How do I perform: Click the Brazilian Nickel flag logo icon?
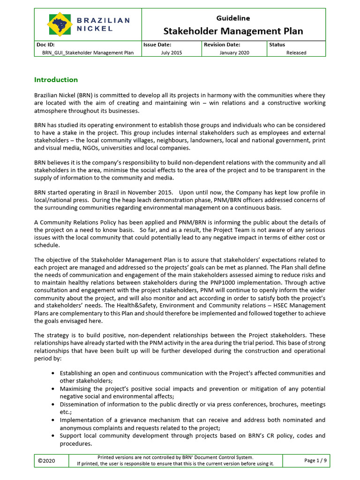tap(59, 24)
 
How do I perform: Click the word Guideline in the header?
tap(233, 18)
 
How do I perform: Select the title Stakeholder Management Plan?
tap(233, 31)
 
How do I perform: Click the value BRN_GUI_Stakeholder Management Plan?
tap(85, 53)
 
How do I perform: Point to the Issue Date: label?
tap(157, 45)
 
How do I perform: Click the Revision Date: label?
tap(222, 45)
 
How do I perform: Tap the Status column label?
tap(277, 45)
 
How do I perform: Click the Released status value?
tap(296, 53)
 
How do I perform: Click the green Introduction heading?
tap(56, 80)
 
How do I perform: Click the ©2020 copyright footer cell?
tap(46, 461)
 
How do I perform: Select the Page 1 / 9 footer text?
tap(315, 461)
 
